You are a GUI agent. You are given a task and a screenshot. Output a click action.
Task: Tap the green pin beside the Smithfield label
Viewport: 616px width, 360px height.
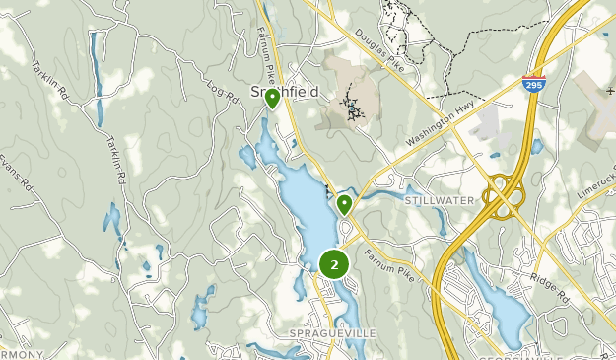coord(271,98)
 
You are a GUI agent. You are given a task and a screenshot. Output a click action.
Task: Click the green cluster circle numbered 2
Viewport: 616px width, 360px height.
coord(335,264)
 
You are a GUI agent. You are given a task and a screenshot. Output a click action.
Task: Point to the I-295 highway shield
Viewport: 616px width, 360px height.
coord(534,85)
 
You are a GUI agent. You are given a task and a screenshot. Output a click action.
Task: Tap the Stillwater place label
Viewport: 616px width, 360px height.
coord(440,200)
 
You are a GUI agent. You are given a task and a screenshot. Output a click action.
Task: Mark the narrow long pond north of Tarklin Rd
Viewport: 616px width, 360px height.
coord(95,59)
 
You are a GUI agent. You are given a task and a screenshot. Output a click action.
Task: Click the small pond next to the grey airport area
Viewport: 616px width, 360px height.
coord(536,146)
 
